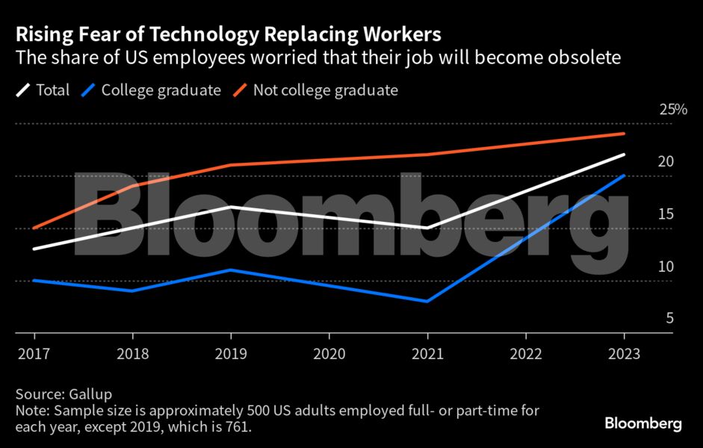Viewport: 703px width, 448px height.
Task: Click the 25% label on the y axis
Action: (x=672, y=110)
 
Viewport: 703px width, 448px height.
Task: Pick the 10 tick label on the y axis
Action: (x=666, y=267)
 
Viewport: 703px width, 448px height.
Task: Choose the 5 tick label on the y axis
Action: (x=670, y=319)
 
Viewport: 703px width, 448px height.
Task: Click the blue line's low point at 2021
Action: (x=427, y=302)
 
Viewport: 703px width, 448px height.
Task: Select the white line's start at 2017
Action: (x=33, y=249)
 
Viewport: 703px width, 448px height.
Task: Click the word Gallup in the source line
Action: (x=99, y=393)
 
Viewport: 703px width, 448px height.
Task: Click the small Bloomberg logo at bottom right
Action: (x=642, y=423)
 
